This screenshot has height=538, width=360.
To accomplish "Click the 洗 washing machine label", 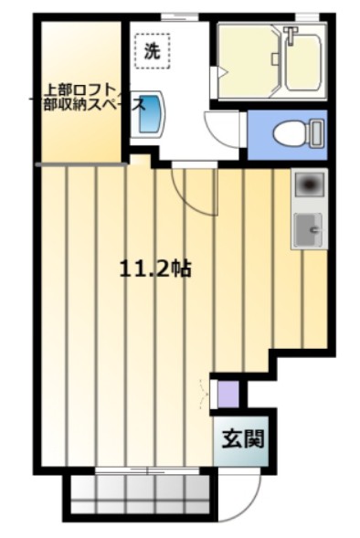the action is [x=152, y=51].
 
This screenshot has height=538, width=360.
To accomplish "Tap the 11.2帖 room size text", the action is [x=154, y=269].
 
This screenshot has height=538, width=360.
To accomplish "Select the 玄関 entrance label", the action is [x=243, y=438].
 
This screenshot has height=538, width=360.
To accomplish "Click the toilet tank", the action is [x=316, y=133].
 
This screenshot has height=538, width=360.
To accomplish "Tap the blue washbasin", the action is [x=149, y=112].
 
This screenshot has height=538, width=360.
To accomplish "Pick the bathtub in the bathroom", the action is [x=303, y=60].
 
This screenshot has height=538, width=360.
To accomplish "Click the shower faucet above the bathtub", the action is [x=291, y=36].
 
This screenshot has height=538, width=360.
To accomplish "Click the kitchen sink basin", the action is [x=309, y=230].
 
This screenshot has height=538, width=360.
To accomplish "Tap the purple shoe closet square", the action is [x=228, y=394].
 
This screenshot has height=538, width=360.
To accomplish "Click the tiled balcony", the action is [x=141, y=493].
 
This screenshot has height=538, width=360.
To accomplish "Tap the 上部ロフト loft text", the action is [x=83, y=90].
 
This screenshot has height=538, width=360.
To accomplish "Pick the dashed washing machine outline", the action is [x=152, y=51].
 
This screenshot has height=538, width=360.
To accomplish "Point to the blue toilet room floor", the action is [x=287, y=135].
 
